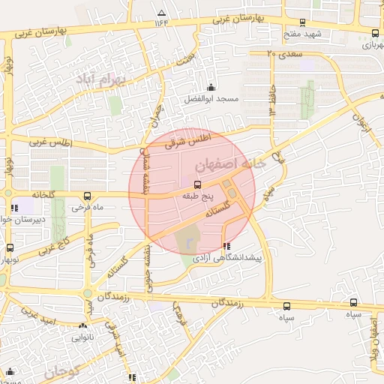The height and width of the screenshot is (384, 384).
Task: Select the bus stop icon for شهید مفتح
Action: (x=302, y=23)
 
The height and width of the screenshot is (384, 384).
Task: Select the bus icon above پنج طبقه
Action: (x=197, y=184)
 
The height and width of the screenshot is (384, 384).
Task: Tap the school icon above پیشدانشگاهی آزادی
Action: (x=226, y=246)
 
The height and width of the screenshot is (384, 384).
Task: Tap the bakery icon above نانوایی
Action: (x=82, y=326)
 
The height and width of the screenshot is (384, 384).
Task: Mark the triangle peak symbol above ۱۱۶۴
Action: (x=161, y=12)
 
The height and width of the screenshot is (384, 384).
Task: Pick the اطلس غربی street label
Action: (x=47, y=141)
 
